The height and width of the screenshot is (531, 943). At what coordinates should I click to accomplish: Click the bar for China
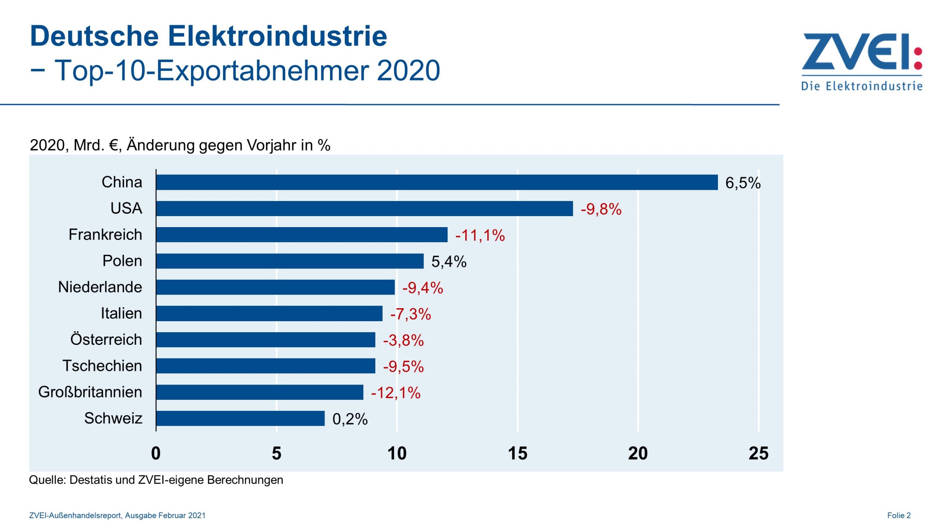click(437, 182)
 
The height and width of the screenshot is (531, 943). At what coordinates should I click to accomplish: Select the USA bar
click(364, 208)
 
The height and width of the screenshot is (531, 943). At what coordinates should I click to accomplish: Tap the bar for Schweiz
click(240, 418)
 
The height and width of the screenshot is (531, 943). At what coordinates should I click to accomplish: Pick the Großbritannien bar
click(259, 392)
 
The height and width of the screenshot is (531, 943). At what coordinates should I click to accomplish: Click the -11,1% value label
click(480, 235)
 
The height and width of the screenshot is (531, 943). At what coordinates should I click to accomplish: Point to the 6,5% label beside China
click(743, 183)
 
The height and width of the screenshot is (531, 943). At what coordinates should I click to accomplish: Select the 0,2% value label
click(350, 419)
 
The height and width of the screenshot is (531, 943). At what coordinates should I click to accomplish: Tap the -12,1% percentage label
click(395, 393)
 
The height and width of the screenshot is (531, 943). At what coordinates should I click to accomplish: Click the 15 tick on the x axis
click(517, 453)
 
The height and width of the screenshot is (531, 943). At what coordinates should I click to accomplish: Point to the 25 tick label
click(758, 453)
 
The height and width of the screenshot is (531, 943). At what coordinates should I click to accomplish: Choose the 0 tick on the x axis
click(156, 453)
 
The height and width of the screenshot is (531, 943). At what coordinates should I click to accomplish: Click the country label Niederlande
click(100, 287)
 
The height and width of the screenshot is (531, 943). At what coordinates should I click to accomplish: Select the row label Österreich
click(106, 339)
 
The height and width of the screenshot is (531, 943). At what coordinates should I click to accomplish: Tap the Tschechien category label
click(102, 365)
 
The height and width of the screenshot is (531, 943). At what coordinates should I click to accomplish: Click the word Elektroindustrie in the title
click(277, 36)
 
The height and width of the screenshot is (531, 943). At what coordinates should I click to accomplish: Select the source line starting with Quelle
click(156, 480)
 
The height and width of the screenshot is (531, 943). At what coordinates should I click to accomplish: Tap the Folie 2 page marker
click(898, 515)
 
